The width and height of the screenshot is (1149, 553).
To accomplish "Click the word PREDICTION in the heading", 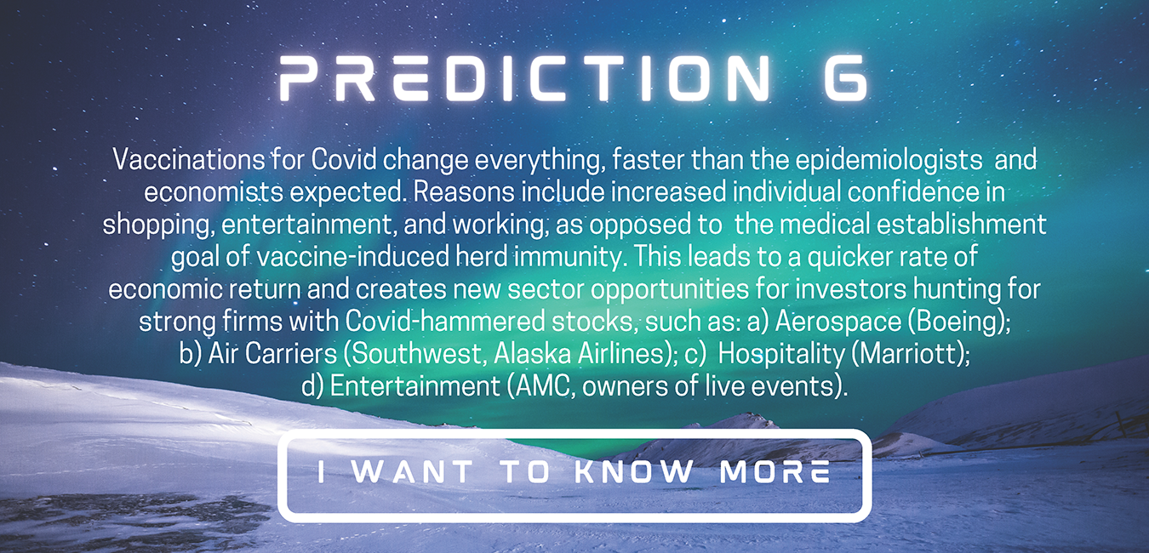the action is coord(524,78).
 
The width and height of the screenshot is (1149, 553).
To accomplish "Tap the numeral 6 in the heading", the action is coord(846,78).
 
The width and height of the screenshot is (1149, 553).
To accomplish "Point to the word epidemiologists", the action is coord(889,161).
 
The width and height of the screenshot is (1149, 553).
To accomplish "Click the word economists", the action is coord(214,193).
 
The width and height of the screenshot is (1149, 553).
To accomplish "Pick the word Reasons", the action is coord(464,193).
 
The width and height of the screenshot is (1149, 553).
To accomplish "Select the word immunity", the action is coord(568,257).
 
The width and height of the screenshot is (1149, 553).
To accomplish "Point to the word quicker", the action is coord(851,257).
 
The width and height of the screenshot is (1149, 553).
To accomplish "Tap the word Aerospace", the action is coord(837,322).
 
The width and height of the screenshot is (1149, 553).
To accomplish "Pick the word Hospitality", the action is coord(780,355).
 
